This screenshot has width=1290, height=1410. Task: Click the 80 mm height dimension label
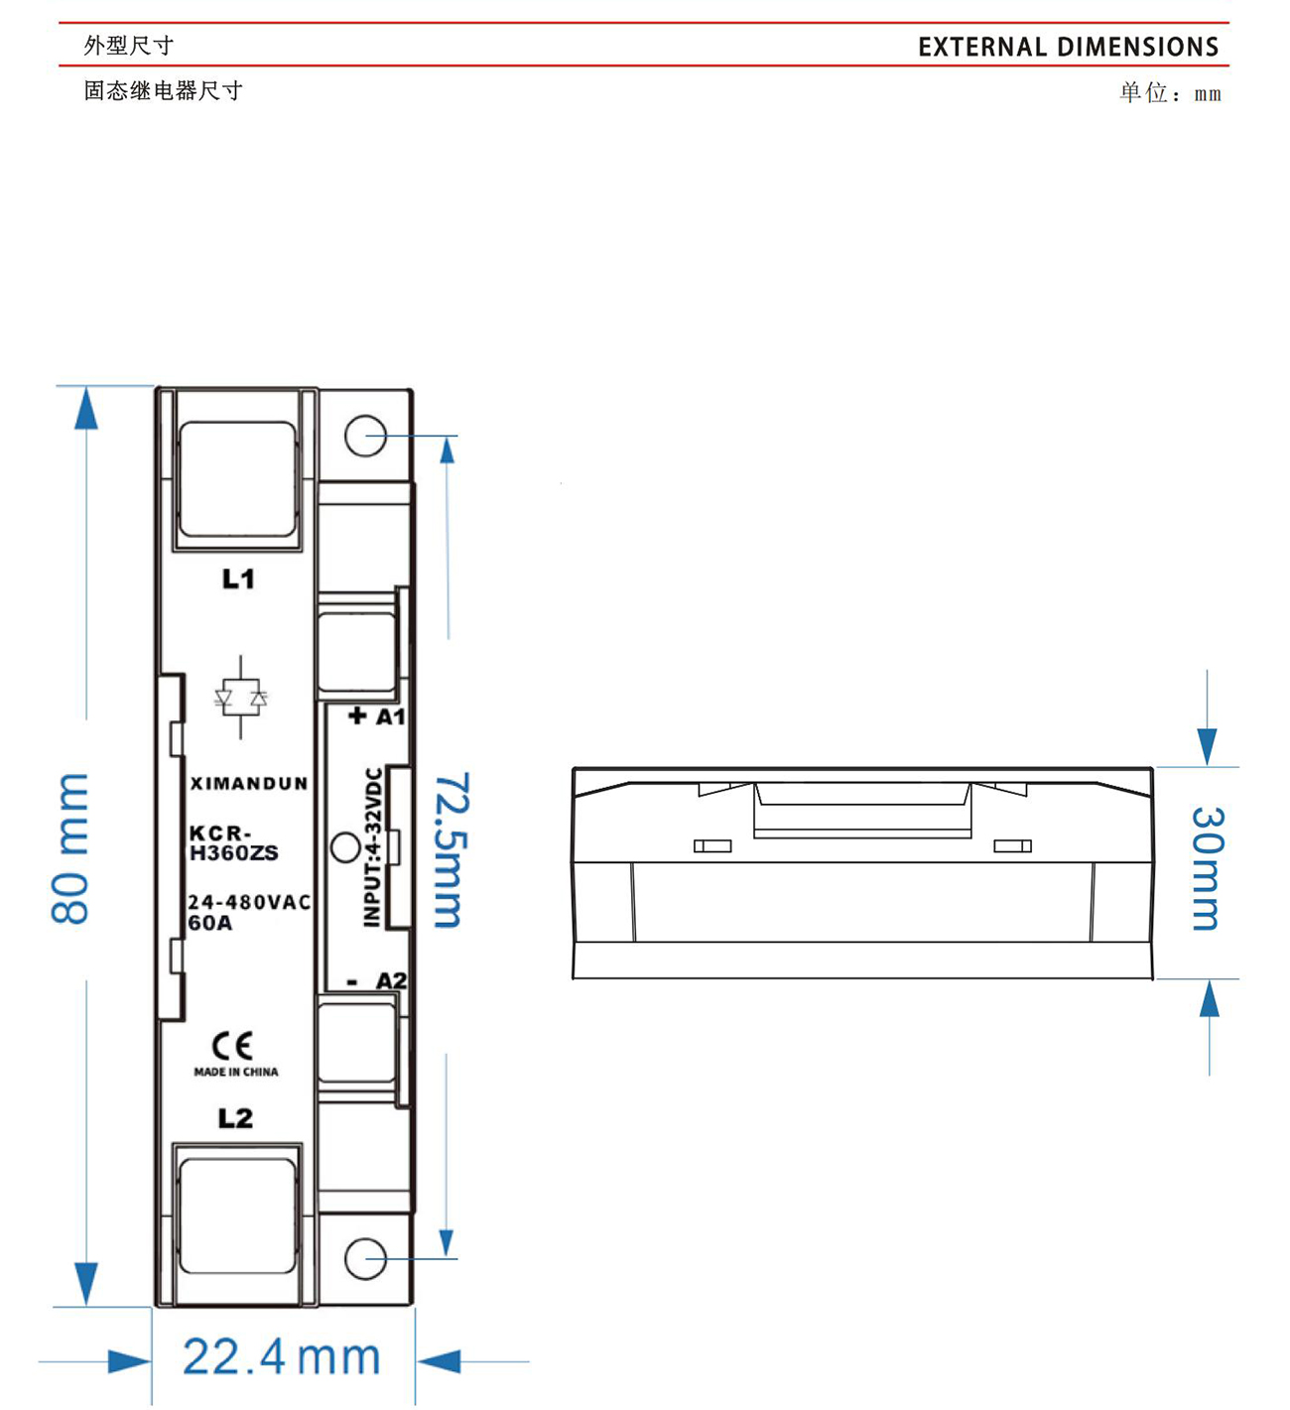[69, 848]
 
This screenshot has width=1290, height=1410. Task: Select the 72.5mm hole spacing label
[450, 850]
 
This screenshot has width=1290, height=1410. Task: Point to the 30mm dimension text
[1209, 868]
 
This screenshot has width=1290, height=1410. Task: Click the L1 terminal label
[238, 578]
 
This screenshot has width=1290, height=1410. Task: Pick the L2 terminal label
[235, 1118]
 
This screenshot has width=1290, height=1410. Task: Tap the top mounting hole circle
[365, 436]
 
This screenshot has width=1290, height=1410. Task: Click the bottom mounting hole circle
[365, 1258]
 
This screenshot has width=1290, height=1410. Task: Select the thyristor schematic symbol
[241, 698]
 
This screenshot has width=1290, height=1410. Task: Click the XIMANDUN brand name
[249, 783]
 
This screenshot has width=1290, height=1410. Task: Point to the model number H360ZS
[234, 852]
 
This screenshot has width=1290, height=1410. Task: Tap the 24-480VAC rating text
[249, 902]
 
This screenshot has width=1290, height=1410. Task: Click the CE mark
[232, 1046]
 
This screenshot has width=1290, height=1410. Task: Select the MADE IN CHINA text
[236, 1072]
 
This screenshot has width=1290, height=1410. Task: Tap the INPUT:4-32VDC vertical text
[372, 847]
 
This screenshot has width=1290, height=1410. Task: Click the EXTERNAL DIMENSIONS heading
[1068, 47]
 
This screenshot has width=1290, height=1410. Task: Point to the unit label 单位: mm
[1171, 93]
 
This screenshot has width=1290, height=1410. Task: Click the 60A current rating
[209, 923]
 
